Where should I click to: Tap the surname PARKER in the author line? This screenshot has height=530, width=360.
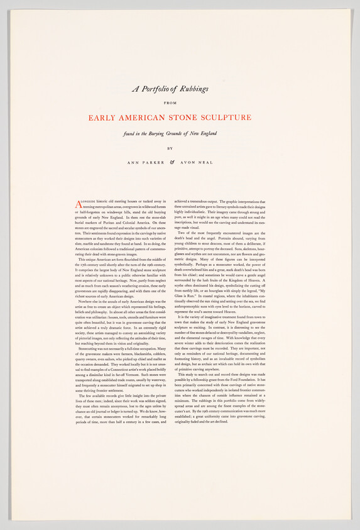pos(154,162)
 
